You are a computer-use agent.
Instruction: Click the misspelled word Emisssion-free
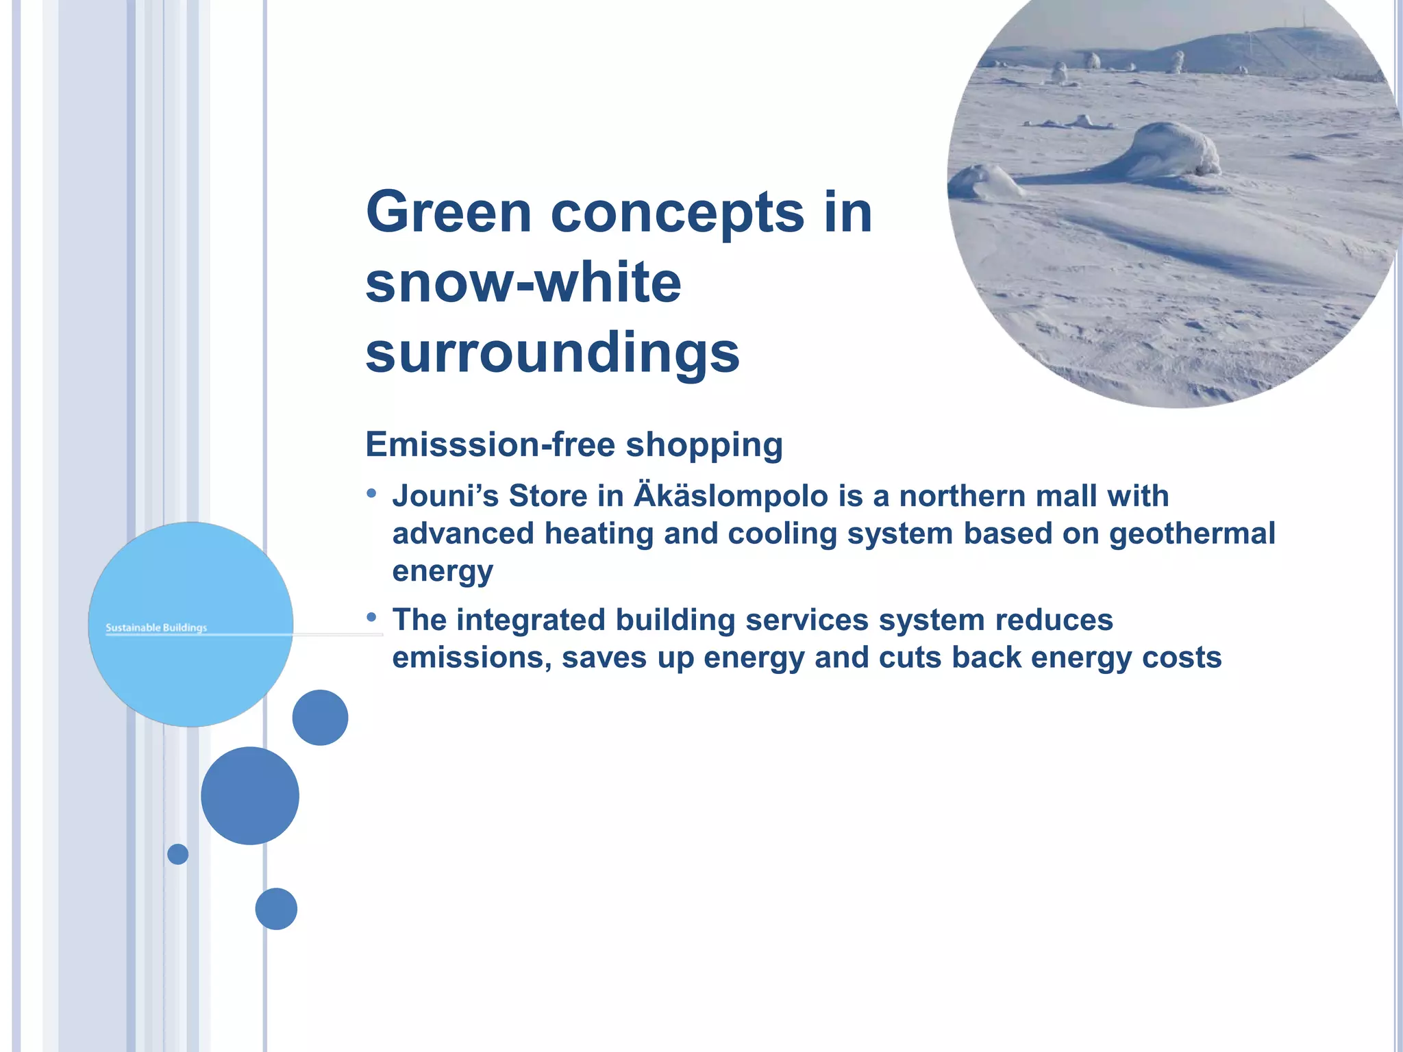point(490,444)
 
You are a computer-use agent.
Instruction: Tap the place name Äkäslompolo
point(730,497)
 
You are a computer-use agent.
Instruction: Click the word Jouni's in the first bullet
point(445,497)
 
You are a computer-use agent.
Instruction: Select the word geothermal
point(1192,534)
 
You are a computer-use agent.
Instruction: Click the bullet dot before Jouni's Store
point(372,493)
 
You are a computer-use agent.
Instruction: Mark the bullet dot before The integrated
point(372,617)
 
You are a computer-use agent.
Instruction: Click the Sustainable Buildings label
point(156,627)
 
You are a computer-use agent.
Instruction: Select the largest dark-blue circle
point(250,796)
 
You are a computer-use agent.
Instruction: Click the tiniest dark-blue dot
point(178,854)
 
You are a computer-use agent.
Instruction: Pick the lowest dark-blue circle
point(276,909)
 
